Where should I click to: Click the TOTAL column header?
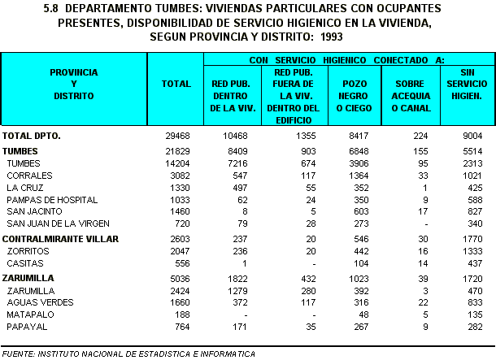click(176, 84)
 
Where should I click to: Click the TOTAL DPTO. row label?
click(32, 135)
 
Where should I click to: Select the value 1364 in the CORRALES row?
click(358, 175)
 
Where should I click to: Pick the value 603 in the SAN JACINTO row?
click(360, 210)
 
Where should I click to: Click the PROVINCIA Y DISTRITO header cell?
click(73, 84)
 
